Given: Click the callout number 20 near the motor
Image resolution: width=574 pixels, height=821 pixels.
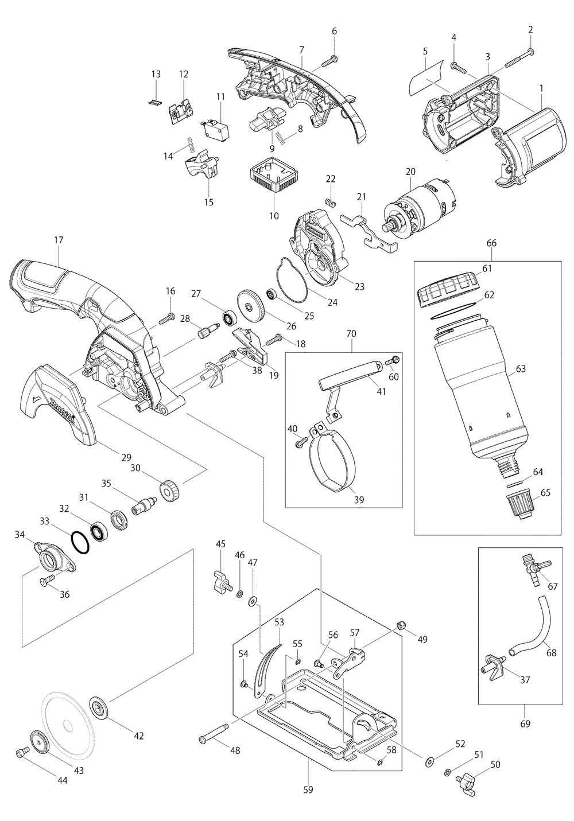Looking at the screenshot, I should click(x=409, y=171).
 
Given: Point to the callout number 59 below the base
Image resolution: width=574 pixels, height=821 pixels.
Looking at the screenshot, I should click(x=308, y=789).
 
